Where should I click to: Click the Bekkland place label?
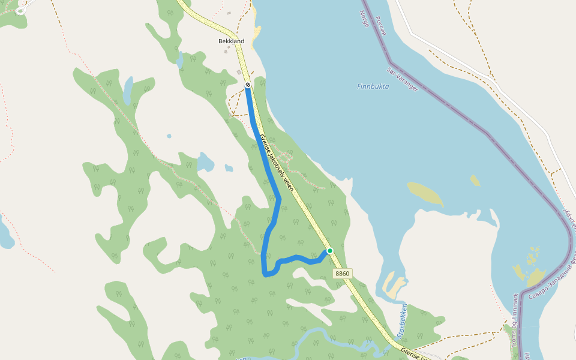pos(231,41)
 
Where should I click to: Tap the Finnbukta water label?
pos(373,86)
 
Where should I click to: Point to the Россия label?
pos(380,23)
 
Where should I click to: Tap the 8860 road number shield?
pos(342,274)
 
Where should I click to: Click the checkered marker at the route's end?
pos(247,85)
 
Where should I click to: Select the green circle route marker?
pos(329,251)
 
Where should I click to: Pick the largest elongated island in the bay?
pos(425,193)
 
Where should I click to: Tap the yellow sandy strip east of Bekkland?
pos(257,33)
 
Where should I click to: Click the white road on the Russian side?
pos(456,60)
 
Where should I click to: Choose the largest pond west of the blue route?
pos(205,162)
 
